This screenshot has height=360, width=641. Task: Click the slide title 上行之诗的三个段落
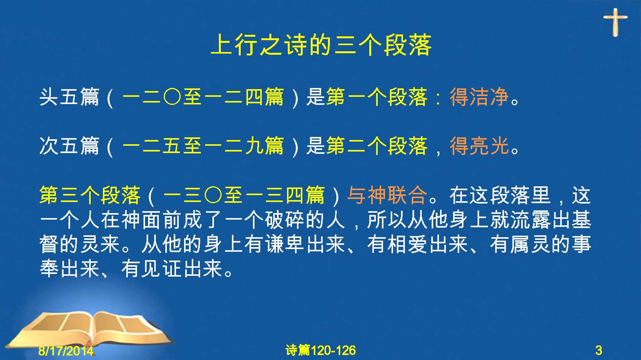pyautogui.click(x=321, y=45)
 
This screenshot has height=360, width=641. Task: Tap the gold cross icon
pyautogui.click(x=615, y=22)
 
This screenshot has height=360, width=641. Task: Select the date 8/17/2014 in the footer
pyautogui.click(x=66, y=350)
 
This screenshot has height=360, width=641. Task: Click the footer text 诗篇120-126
pyautogui.click(x=321, y=350)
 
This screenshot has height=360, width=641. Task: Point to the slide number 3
pyautogui.click(x=599, y=350)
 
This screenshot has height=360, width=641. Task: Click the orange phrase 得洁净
pyautogui.click(x=480, y=97)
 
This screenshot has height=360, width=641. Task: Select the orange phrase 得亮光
pyautogui.click(x=480, y=146)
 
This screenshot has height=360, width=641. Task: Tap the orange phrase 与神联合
pyautogui.click(x=387, y=195)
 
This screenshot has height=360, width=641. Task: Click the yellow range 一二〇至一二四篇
pyautogui.click(x=203, y=97)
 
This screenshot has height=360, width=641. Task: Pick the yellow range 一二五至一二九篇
pyautogui.click(x=203, y=146)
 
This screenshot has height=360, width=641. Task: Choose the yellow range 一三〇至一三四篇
pyautogui.click(x=244, y=195)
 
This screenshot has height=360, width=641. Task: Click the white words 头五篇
pyautogui.click(x=69, y=97)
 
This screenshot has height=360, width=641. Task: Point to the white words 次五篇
pyautogui.click(x=69, y=146)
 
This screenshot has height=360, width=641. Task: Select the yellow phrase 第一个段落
pyautogui.click(x=377, y=97)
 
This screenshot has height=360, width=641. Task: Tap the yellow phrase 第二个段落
pyautogui.click(x=377, y=146)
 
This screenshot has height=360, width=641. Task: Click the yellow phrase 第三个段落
pyautogui.click(x=90, y=195)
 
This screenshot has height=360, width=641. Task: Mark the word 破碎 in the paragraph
pyautogui.click(x=285, y=220)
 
